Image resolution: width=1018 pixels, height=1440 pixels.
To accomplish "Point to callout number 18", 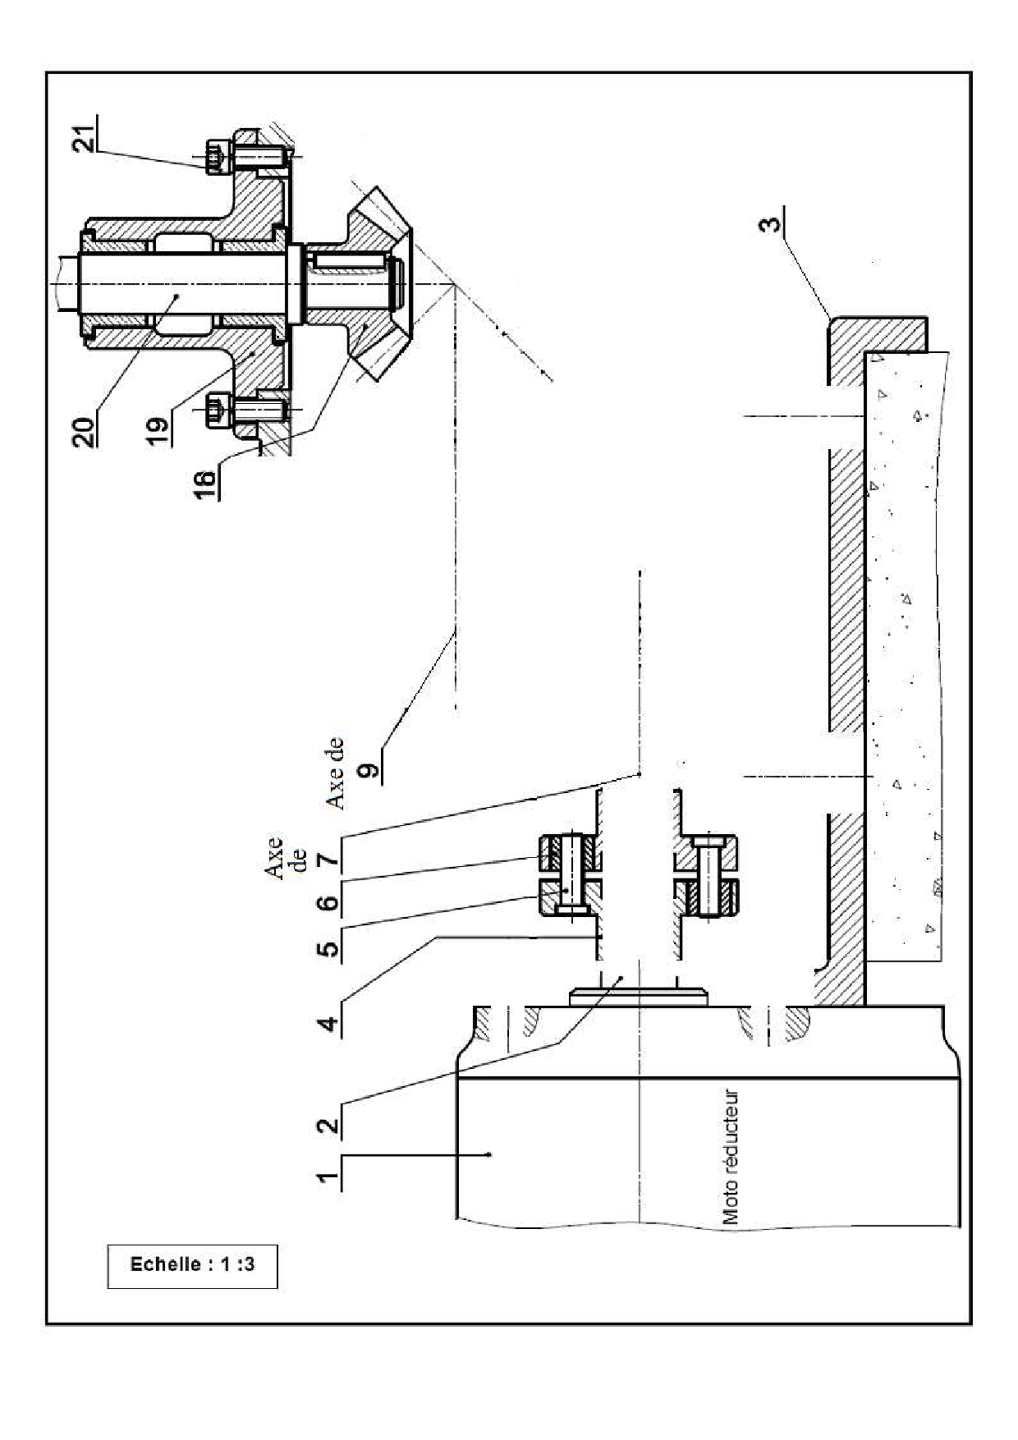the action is point(208,481).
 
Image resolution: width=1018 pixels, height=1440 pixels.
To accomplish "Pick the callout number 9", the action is point(369,770).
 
